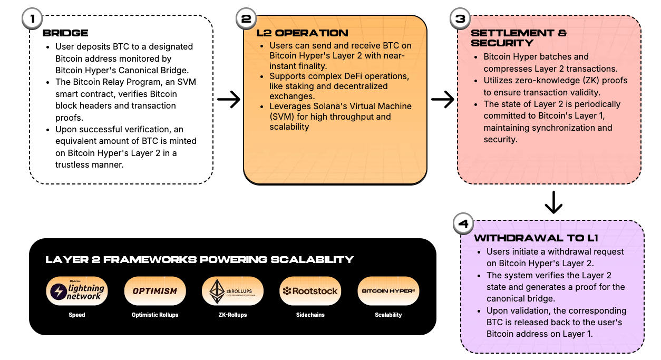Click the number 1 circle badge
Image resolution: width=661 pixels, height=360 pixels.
click(x=32, y=18)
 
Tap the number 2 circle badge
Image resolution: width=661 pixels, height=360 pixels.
click(x=246, y=18)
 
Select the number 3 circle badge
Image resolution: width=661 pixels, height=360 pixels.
click(x=460, y=18)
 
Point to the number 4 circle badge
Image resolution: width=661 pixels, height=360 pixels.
click(x=463, y=223)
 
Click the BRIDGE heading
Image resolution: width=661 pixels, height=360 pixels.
click(x=65, y=33)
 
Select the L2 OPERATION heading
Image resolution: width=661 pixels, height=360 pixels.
click(x=302, y=33)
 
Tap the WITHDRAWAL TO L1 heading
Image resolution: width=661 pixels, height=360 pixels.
click(x=536, y=238)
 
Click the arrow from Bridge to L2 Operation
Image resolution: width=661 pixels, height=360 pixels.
click(x=229, y=99)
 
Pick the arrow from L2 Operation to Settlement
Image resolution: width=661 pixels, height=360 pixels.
click(x=443, y=99)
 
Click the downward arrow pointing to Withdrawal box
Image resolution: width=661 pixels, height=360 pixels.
click(x=553, y=202)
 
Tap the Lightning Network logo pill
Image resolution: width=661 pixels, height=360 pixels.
click(x=77, y=291)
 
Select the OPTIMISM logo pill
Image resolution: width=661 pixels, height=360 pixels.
click(x=155, y=291)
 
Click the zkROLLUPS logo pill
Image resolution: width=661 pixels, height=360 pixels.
click(x=232, y=291)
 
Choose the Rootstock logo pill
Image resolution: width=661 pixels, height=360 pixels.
click(x=310, y=291)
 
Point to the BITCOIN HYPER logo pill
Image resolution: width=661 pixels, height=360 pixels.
click(x=388, y=291)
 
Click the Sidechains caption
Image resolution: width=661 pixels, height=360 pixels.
click(x=310, y=315)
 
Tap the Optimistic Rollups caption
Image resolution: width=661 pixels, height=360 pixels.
click(x=155, y=315)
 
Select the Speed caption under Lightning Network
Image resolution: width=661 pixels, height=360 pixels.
click(x=77, y=315)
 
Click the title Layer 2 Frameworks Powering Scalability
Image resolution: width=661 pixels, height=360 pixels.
click(x=199, y=259)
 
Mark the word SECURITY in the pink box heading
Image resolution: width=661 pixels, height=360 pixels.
click(x=502, y=43)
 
